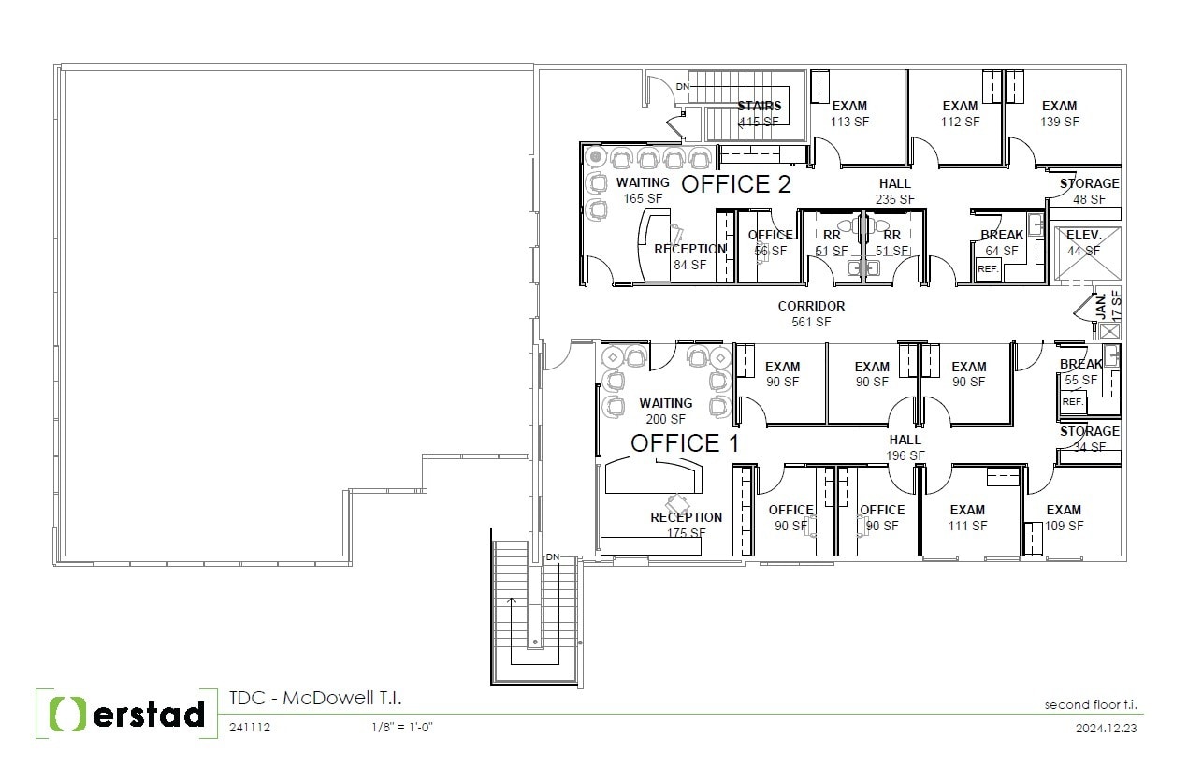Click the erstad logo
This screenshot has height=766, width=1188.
[121, 714]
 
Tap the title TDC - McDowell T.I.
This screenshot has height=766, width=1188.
[315, 699]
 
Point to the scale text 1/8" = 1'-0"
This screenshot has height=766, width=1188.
[401, 728]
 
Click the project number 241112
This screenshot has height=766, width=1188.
[250, 728]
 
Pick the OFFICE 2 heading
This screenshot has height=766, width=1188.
[735, 184]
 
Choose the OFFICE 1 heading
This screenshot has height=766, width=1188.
[685, 443]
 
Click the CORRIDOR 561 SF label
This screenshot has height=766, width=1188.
[811, 313]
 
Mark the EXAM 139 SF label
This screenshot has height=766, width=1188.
[1059, 113]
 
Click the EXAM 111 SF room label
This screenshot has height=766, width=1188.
[967, 517]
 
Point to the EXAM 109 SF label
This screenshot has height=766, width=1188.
[1064, 517]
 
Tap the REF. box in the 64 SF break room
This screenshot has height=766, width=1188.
[988, 268]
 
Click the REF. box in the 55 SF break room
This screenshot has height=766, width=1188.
[1072, 401]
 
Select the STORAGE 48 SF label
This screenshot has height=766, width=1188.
[1089, 191]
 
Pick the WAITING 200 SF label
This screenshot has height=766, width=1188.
[666, 411]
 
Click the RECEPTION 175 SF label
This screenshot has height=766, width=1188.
[687, 525]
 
